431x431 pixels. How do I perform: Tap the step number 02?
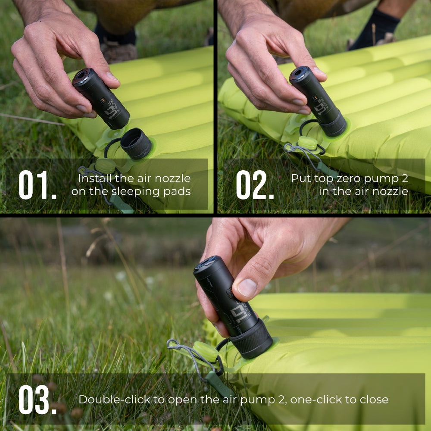click(x=254, y=185)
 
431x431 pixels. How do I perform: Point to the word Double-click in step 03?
click(x=116, y=400)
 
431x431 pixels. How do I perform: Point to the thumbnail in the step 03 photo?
click(x=247, y=288)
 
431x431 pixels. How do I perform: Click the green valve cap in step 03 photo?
click(x=206, y=351)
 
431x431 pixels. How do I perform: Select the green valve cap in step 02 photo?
click(x=308, y=143)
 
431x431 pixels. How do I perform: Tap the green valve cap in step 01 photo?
click(x=105, y=165)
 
